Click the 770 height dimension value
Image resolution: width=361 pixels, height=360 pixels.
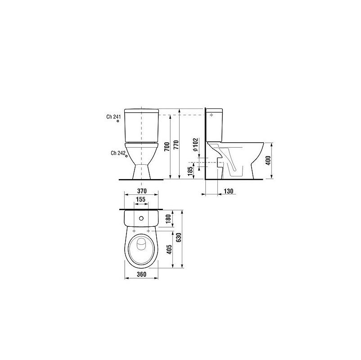(177, 145)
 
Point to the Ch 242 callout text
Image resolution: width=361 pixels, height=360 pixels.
(117, 153)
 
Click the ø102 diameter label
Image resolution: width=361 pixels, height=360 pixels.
(195, 145)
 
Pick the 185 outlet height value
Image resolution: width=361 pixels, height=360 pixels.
(190, 170)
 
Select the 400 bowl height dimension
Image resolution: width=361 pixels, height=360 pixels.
(268, 161)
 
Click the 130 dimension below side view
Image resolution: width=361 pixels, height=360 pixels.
(228, 191)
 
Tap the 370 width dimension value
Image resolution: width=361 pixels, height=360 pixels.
(141, 191)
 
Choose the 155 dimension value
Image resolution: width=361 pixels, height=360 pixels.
(141, 200)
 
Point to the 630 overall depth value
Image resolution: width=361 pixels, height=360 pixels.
(179, 239)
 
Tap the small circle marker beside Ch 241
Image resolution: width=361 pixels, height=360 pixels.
(118, 121)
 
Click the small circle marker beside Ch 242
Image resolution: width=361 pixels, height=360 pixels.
(126, 156)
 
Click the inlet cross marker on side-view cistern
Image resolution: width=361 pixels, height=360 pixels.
(212, 116)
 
